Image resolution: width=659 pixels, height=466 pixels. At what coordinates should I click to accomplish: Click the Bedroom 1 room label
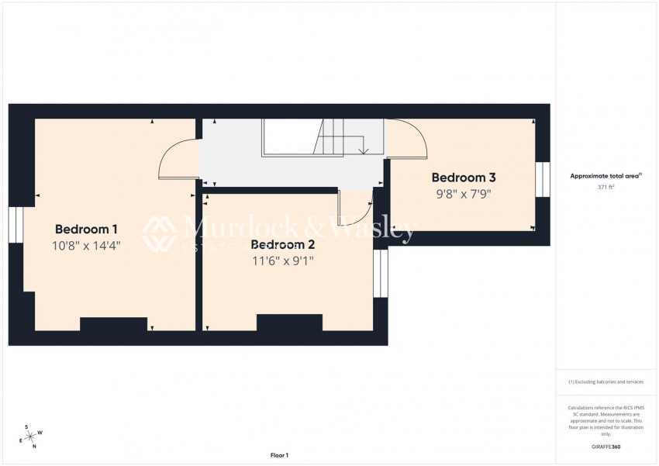pyautogui.click(x=86, y=229)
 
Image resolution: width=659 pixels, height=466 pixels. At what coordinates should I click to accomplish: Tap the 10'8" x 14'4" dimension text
pyautogui.click(x=86, y=246)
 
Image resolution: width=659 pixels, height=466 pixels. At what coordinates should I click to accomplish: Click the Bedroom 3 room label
pyautogui.click(x=464, y=178)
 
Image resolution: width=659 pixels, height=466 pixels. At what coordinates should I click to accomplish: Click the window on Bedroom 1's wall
pyautogui.click(x=16, y=225)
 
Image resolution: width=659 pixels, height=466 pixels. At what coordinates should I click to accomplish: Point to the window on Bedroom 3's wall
pyautogui.click(x=542, y=179)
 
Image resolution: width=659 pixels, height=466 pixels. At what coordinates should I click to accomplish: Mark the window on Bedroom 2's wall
pyautogui.click(x=380, y=273)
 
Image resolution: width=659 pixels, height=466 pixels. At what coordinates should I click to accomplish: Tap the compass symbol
pyautogui.click(x=32, y=437)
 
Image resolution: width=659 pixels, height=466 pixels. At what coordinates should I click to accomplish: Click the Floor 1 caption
pyautogui.click(x=279, y=455)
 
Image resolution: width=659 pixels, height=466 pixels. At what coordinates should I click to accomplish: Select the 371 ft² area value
pyautogui.click(x=606, y=188)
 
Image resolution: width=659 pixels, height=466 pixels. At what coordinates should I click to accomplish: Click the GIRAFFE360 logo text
pyautogui.click(x=606, y=447)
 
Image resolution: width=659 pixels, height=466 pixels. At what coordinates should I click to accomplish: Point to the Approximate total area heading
pyautogui.click(x=606, y=176)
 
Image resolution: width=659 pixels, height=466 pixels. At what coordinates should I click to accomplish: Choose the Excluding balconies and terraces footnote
pyautogui.click(x=606, y=381)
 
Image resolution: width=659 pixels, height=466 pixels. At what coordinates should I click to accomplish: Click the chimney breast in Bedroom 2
pyautogui.click(x=289, y=323)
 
